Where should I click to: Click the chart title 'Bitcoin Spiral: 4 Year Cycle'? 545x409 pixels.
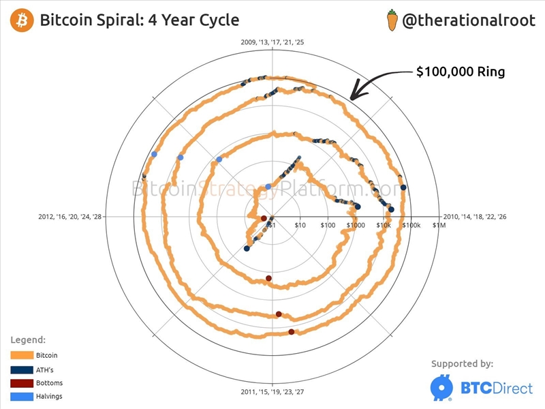coord(140,20)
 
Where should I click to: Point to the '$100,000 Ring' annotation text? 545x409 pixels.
coord(460,71)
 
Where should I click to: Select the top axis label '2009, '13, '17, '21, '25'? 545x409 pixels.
coord(272,42)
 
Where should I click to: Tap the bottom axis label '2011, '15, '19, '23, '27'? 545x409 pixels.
coord(272,392)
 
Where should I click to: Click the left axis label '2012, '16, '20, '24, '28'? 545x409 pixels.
coord(69,217)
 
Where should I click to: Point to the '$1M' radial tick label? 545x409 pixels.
coord(439,225)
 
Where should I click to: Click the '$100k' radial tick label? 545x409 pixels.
coord(412,225)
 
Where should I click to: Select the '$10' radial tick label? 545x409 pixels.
coord(300,225)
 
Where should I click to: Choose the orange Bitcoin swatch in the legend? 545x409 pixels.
coord(22,355)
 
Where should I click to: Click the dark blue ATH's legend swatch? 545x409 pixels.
coord(22,369)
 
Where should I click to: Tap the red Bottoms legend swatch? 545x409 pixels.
coord(22,383)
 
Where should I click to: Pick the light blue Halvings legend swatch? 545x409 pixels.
coord(22,397)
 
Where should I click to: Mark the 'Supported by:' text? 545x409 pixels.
coord(463,364)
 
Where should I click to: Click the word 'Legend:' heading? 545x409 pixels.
coord(28,339)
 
